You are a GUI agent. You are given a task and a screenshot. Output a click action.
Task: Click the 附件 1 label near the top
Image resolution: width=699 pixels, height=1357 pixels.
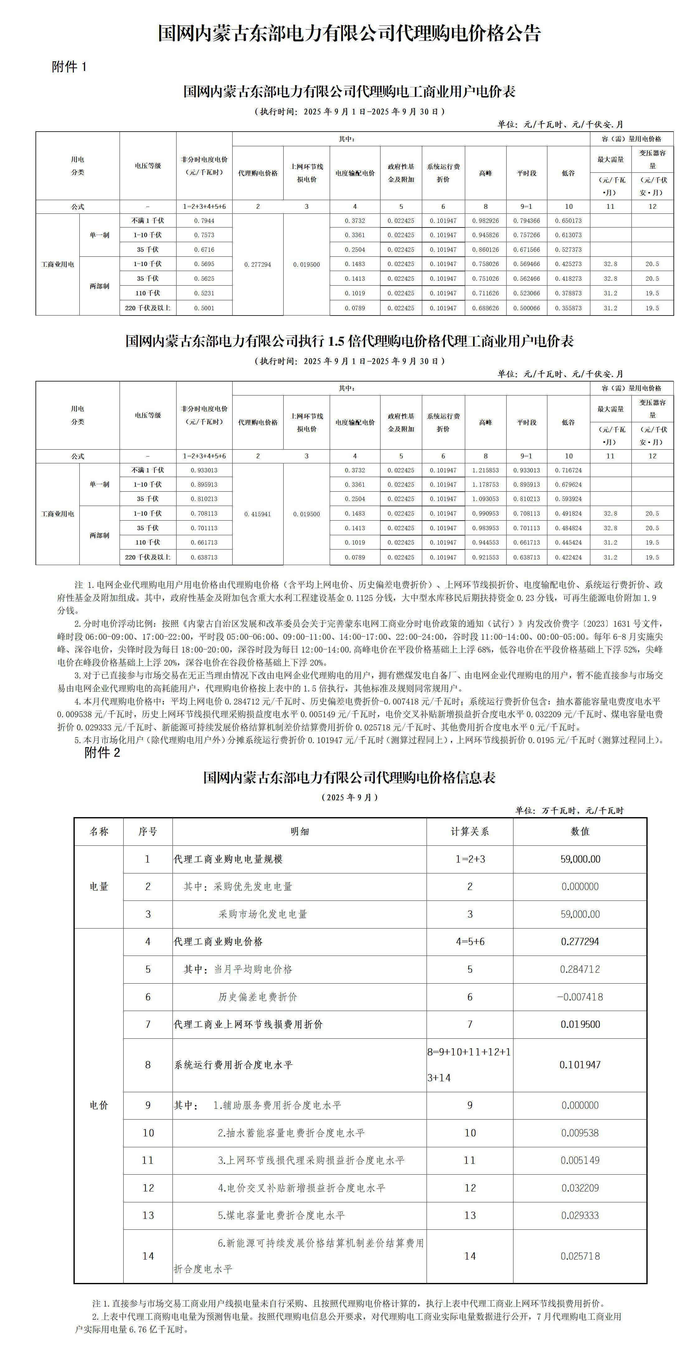click(x=69, y=67)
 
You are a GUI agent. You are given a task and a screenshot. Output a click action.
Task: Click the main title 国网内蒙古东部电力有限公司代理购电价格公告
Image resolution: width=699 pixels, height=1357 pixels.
click(x=349, y=33)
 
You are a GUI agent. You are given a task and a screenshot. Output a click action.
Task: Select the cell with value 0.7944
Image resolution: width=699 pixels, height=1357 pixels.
click(x=204, y=221)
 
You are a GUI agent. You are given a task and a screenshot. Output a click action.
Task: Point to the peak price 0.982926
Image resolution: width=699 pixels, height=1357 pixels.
click(x=485, y=221)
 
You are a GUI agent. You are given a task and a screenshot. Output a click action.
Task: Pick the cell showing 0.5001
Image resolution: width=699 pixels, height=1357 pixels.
click(x=204, y=308)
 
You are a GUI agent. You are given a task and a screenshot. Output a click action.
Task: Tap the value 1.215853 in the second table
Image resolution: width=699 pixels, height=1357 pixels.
click(x=485, y=470)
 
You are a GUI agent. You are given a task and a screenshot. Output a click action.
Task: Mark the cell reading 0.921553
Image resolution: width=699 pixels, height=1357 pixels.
click(x=485, y=557)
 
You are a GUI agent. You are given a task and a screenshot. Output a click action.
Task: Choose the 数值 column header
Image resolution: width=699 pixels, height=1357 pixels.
click(x=580, y=831)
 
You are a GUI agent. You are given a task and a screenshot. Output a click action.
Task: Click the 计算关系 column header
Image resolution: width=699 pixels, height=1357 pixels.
click(x=470, y=831)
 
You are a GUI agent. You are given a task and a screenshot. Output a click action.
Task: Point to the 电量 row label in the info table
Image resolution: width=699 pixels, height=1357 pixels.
click(x=99, y=887)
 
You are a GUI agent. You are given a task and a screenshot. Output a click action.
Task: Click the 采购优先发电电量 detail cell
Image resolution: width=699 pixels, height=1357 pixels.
click(x=238, y=887)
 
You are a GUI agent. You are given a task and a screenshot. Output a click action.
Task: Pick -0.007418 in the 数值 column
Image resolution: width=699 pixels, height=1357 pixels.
click(x=580, y=997)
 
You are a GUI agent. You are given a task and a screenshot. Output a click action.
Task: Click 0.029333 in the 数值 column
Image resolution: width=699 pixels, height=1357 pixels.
click(x=580, y=1215)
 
